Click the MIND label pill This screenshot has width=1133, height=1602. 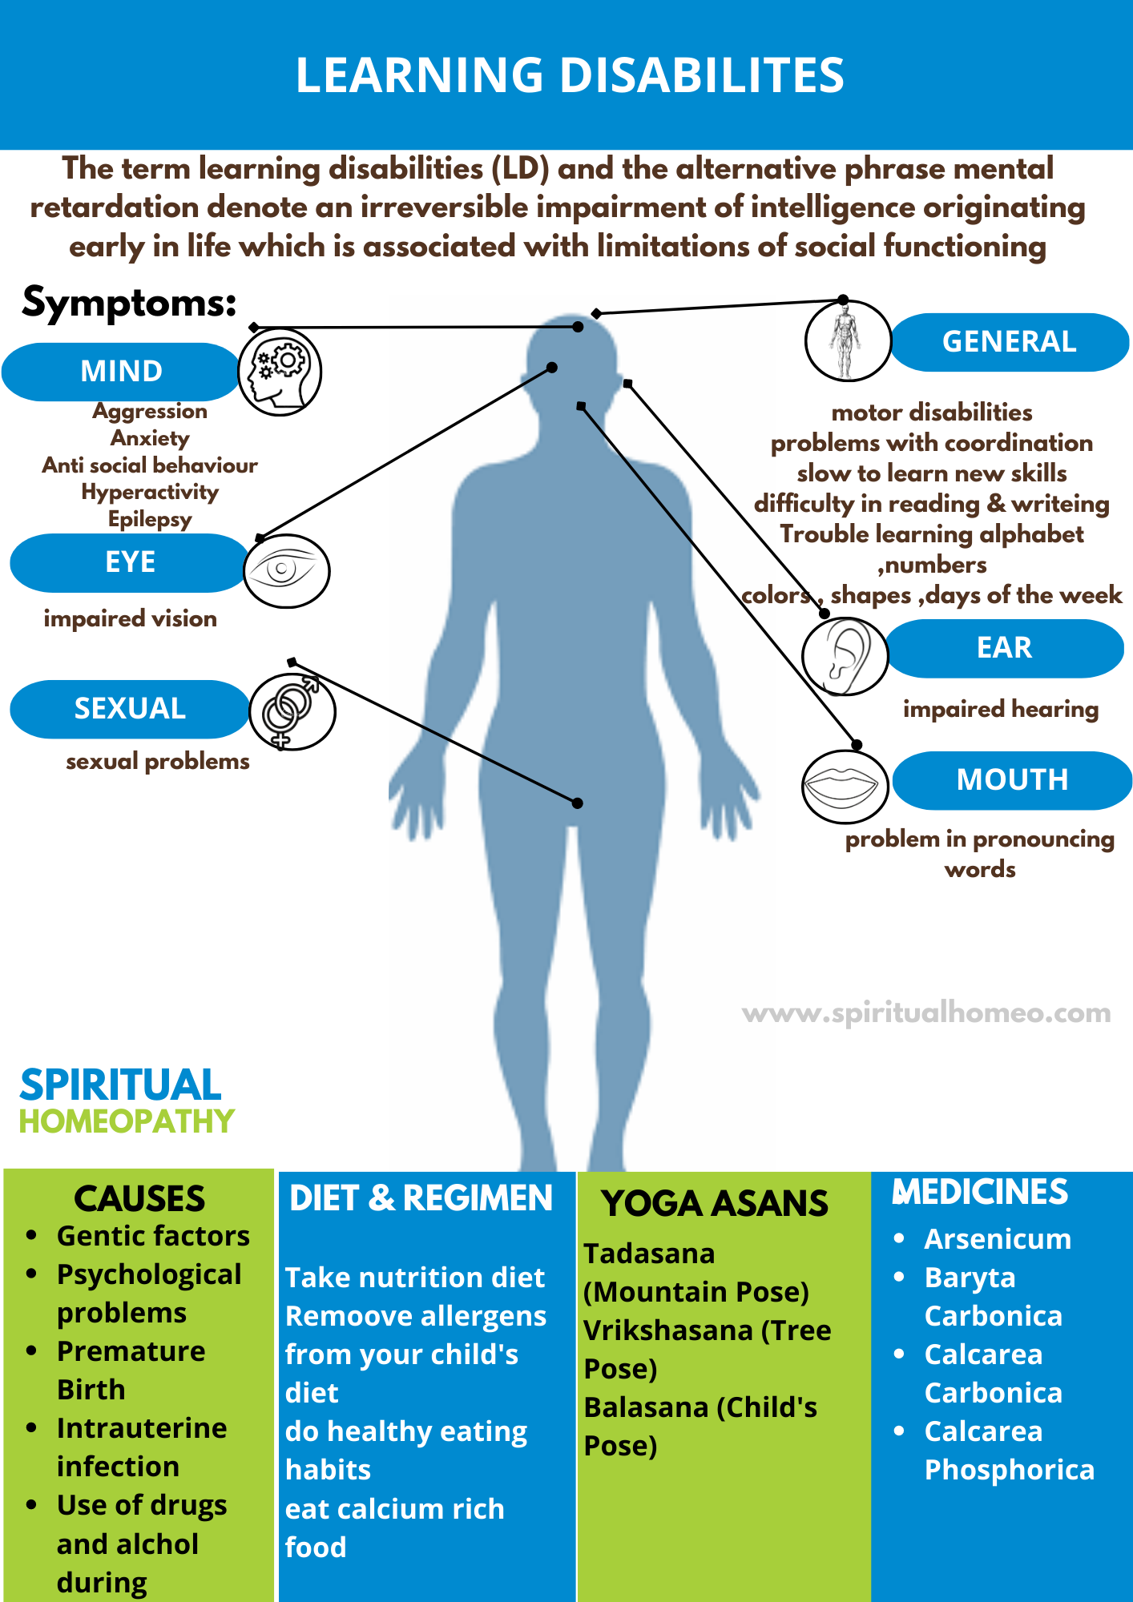121,372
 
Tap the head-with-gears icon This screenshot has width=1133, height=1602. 280,372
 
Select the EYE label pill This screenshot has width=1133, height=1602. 130,562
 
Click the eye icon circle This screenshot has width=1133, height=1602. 286,571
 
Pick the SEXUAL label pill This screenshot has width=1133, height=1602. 130,709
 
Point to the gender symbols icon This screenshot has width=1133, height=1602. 292,711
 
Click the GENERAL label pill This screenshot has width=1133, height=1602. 1009,342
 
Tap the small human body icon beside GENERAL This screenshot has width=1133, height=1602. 846,341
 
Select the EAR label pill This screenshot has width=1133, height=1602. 1004,648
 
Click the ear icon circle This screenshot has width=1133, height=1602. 845,656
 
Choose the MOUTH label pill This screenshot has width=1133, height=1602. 1012,780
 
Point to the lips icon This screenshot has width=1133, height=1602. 845,787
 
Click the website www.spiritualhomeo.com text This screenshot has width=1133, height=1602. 926,1013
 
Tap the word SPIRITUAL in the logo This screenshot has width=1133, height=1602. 120,1086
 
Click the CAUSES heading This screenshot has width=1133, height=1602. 139,1199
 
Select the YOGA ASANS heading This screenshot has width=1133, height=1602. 715,1204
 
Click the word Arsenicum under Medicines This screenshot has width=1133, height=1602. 998,1239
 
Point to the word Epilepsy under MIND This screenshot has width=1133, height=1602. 150,519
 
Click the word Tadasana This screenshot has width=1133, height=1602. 649,1254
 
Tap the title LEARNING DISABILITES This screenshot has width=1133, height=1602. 570,75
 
